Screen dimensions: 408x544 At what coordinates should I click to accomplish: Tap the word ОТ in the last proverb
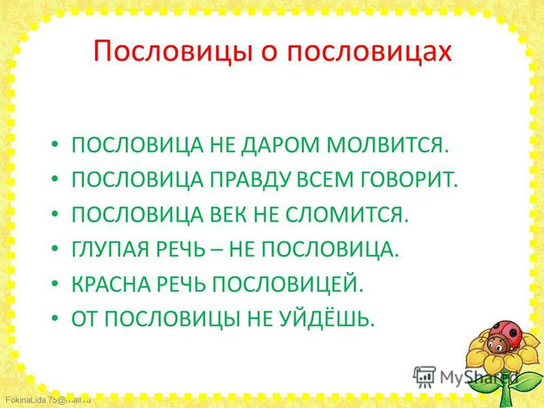84,320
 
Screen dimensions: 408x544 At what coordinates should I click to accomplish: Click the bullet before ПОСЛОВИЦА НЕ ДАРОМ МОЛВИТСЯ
55,145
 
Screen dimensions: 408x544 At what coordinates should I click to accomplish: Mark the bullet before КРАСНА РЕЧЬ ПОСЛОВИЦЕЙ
55,286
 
